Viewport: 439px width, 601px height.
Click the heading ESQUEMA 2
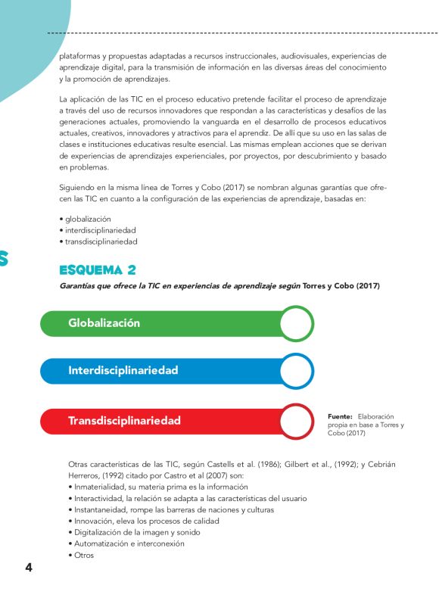[98, 270]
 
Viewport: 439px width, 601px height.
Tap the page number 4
[29, 568]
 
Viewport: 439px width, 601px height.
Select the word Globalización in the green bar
[104, 322]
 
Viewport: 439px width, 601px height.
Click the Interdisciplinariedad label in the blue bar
[123, 371]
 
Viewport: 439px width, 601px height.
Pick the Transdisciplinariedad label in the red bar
[124, 420]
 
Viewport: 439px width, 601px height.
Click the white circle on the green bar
[296, 323]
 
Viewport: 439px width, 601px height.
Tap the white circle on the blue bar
[296, 372]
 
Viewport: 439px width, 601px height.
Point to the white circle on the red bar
[296, 421]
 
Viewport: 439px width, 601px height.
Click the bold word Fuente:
[340, 416]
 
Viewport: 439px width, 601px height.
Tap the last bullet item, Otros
[83, 555]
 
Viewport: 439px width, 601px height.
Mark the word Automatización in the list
[101, 543]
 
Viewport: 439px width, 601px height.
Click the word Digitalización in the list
[98, 532]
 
